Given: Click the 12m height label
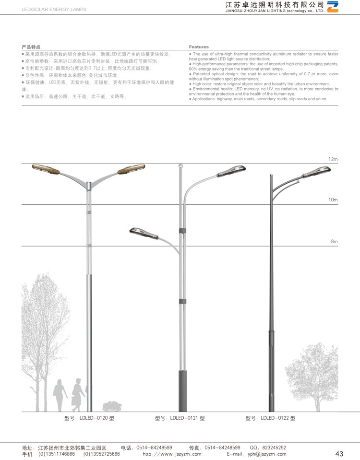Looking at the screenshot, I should pyautogui.click(x=333, y=159).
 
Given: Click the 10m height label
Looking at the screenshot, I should pyautogui.click(x=333, y=200).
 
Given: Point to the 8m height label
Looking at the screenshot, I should pyautogui.click(x=335, y=241).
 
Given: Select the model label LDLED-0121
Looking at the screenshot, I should pyautogui.click(x=180, y=418).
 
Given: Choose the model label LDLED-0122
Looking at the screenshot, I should pyautogui.click(x=270, y=418).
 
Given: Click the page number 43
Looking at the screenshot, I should pyautogui.click(x=339, y=454).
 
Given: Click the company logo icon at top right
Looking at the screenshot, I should pyautogui.click(x=333, y=7).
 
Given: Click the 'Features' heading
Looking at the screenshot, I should pyautogui.click(x=199, y=47).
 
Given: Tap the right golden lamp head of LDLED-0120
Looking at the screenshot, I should pyautogui.click(x=131, y=168).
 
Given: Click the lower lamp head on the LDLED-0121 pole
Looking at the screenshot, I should pyautogui.click(x=143, y=234).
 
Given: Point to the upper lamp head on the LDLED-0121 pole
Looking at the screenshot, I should pyautogui.click(x=232, y=170).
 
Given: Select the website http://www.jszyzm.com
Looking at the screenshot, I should pyautogui.click(x=172, y=454).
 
